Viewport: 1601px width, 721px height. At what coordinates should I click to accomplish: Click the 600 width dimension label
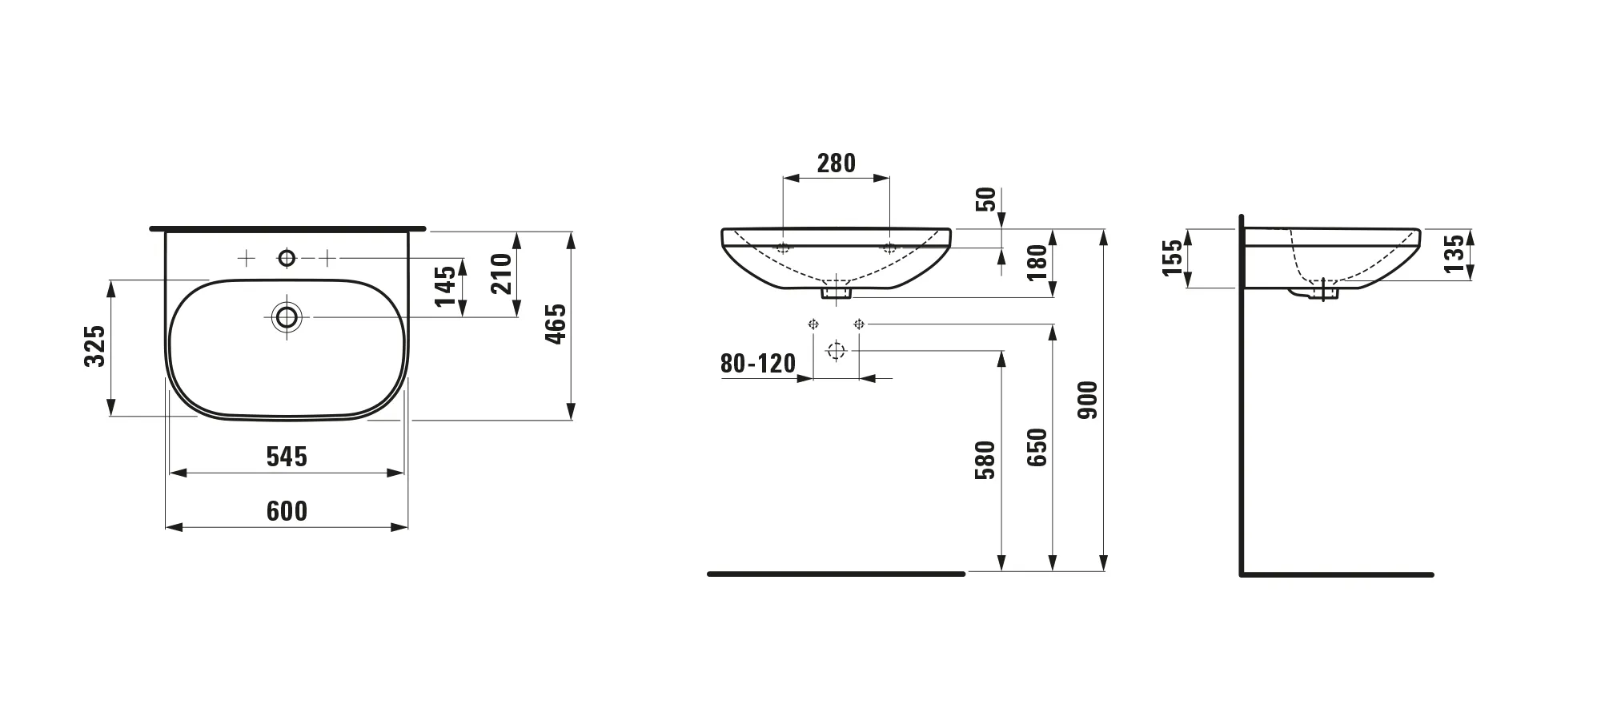(287, 511)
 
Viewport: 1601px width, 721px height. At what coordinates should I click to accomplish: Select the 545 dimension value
(287, 457)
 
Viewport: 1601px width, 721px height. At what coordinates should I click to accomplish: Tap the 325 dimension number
(95, 346)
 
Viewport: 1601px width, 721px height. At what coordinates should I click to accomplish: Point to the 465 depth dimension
(556, 324)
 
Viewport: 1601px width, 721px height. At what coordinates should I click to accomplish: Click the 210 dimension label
(501, 273)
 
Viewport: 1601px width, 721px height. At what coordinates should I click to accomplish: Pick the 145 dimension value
(446, 286)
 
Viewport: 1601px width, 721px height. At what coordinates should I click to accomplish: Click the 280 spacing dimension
(836, 163)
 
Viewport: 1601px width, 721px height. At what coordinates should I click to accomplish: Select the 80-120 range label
(758, 364)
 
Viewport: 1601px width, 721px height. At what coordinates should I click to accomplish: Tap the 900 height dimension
(1088, 401)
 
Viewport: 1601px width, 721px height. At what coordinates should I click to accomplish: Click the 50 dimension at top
(988, 199)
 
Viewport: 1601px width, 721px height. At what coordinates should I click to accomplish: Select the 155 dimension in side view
(1173, 258)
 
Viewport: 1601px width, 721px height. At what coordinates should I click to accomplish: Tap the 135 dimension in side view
(1455, 252)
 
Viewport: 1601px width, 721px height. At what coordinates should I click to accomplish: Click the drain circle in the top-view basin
(287, 317)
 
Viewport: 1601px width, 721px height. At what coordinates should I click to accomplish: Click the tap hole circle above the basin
(287, 258)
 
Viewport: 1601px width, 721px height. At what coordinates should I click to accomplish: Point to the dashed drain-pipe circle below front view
(836, 351)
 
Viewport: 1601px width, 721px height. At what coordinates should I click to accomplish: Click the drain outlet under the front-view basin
(836, 292)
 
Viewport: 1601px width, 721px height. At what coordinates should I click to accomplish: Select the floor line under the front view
(836, 574)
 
